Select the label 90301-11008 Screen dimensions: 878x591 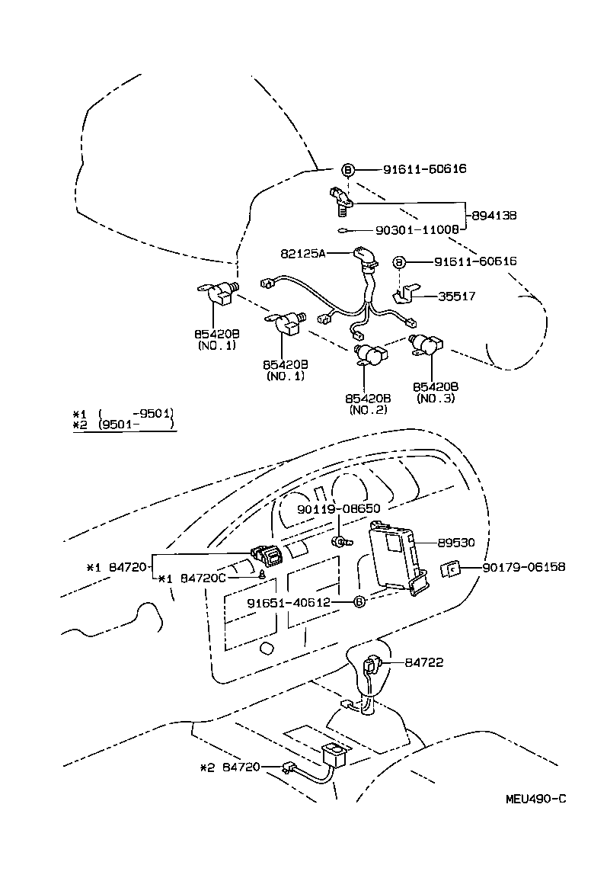pos(416,229)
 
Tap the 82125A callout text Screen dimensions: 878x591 pos(303,254)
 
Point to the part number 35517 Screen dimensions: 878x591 pos(456,296)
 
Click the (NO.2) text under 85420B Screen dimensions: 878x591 pos(369,409)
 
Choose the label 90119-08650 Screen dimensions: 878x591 pos(339,508)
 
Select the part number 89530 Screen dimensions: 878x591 pos(456,543)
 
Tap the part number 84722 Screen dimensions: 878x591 pos(425,662)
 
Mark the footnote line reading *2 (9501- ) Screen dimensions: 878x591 pos(124,425)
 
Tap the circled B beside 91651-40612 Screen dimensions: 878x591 pos(360,602)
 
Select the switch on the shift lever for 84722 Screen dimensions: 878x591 pos(373,665)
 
